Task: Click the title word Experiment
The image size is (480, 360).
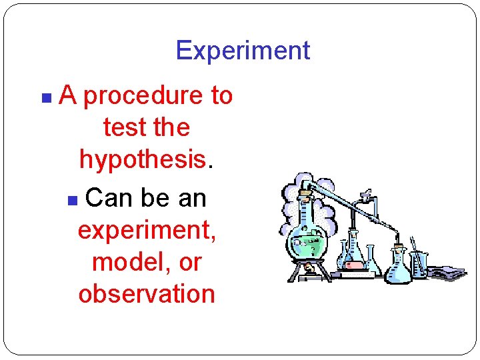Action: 243,51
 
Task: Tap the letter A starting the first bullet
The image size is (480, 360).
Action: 67,96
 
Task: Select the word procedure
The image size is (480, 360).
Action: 143,97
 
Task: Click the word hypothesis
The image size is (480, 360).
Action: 142,159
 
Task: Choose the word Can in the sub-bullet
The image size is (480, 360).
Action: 108,197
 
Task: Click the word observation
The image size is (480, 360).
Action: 146,293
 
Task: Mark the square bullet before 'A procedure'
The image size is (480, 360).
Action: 45,98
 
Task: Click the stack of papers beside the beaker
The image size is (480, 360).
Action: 445,272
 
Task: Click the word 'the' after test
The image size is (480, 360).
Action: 171,127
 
